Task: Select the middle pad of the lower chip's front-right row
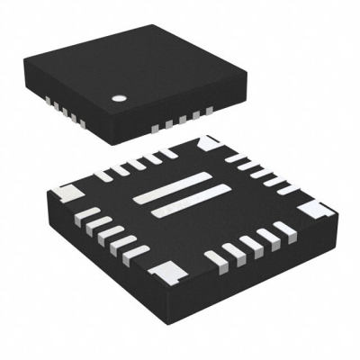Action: (x=246, y=249)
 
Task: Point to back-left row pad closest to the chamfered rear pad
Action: (x=170, y=155)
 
